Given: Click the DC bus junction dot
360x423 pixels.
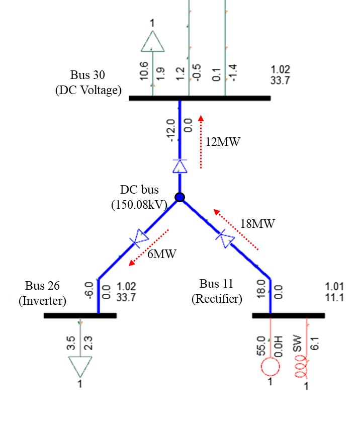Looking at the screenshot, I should pos(179,197).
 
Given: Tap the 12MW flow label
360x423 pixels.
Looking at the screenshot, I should pos(223,142).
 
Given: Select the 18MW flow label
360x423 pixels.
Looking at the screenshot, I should pos(258,224).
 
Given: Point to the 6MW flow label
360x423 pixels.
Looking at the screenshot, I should pos(162,254).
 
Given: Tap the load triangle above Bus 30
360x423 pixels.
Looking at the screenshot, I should pos(152,42).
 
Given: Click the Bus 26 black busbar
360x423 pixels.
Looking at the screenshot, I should pos(80,316).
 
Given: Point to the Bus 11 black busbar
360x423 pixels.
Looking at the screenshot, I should pos(288,316).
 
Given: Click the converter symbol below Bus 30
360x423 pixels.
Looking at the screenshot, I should pos(179,165).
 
